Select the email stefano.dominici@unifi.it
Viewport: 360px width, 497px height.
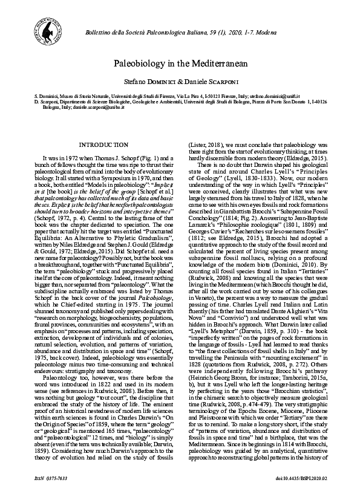coord(275,96)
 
